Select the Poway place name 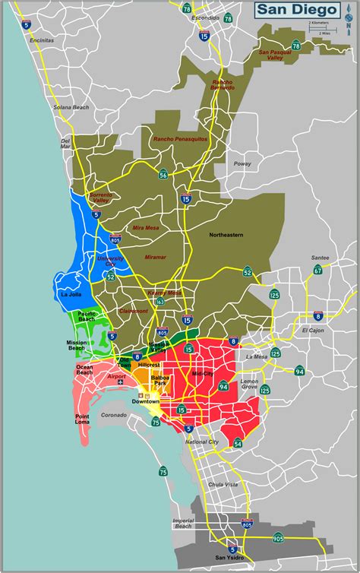coord(242,163)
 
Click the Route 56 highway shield coord(163,175)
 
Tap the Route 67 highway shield coord(317,270)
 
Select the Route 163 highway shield coord(160,302)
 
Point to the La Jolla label coord(70,294)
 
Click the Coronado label coord(114,415)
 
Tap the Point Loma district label coord(87,417)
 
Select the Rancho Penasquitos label coord(180,140)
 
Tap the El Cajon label coord(313,331)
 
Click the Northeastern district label coord(226,235)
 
